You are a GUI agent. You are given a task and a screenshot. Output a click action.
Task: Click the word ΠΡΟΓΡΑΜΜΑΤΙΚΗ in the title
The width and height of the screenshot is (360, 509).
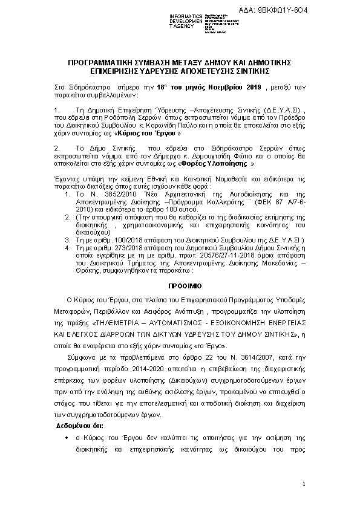103,62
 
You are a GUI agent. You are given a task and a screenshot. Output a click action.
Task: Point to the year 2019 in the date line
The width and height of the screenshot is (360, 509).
247,88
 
